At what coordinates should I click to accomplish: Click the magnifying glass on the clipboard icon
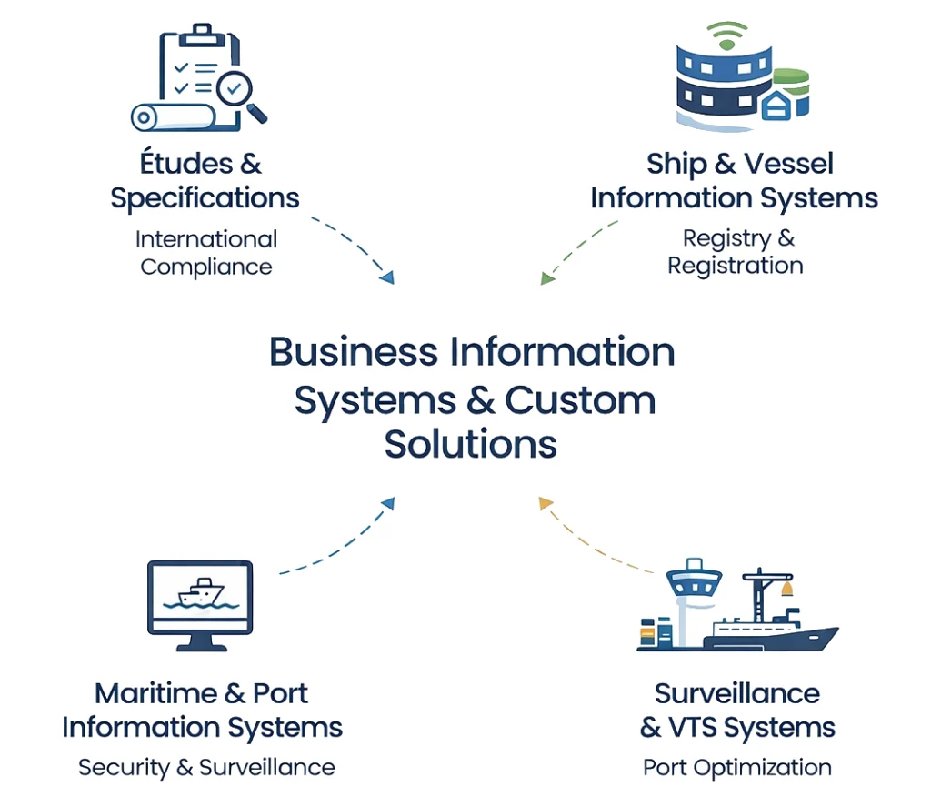(239, 91)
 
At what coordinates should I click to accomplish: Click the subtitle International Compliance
(206, 253)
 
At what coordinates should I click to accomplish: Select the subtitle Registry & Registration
(735, 252)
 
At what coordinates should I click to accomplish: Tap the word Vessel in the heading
(788, 164)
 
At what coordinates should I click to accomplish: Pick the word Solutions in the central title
(471, 445)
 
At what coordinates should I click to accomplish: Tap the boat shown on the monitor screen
(200, 593)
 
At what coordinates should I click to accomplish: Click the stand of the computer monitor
(200, 643)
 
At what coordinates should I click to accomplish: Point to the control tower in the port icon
(693, 591)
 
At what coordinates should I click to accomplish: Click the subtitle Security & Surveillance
(206, 767)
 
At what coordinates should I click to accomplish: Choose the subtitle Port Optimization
(736, 767)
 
